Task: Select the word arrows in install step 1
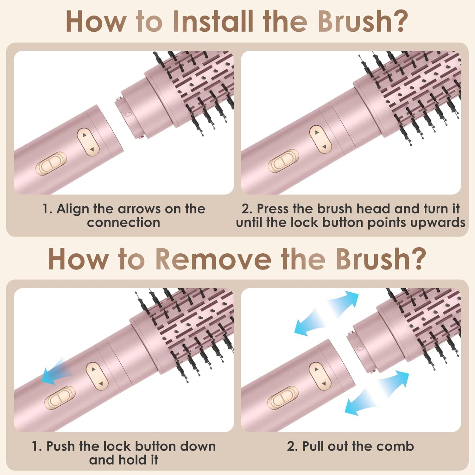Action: [139, 209]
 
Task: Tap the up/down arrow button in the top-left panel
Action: [88, 142]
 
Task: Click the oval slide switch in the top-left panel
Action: [51, 163]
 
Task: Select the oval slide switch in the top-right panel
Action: [283, 161]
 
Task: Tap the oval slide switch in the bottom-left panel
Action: [60, 398]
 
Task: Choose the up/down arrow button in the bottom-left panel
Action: [97, 376]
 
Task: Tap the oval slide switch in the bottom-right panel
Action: [283, 398]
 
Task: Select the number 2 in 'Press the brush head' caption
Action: [246, 209]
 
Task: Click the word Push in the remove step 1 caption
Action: [62, 446]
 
